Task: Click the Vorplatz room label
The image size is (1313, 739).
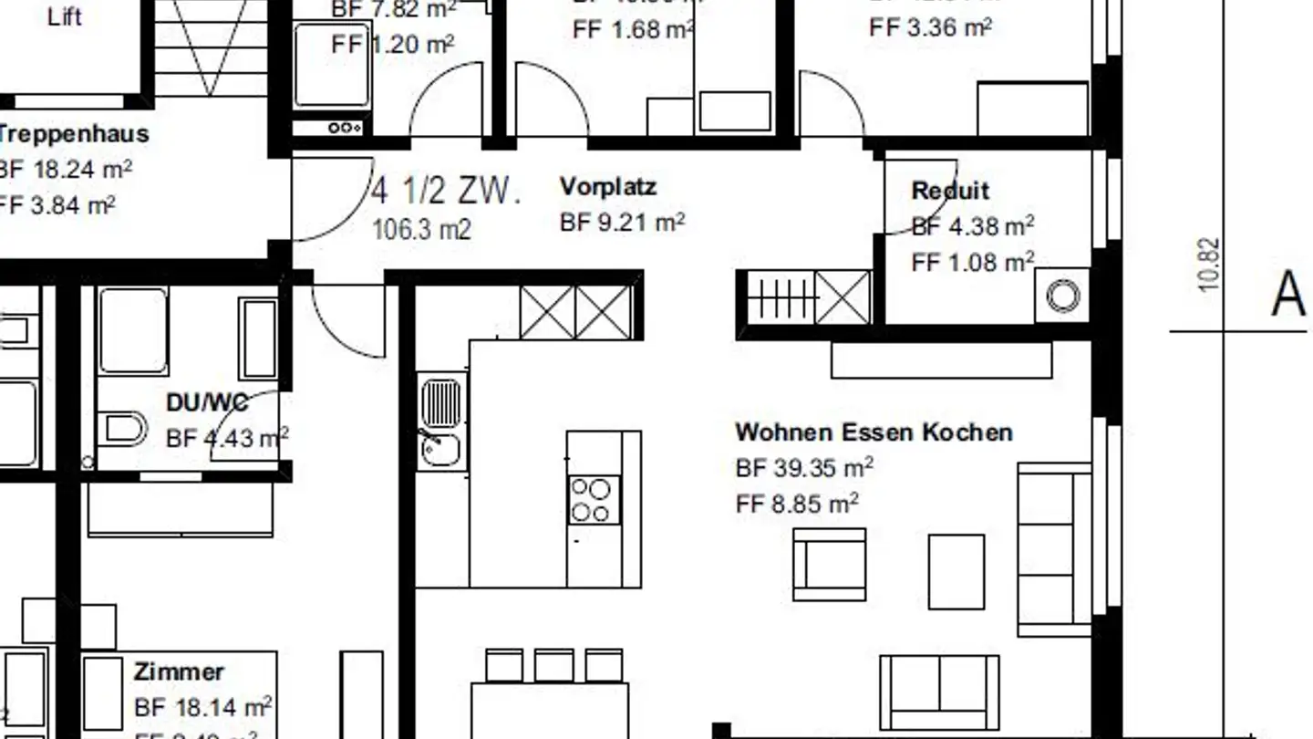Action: [x=607, y=187]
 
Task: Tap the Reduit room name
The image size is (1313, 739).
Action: [x=950, y=191]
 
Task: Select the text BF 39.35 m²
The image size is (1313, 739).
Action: [x=804, y=468]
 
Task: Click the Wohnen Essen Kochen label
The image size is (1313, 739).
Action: [x=874, y=432]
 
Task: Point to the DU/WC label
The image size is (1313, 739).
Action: [x=207, y=402]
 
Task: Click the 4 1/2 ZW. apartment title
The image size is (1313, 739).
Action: [x=446, y=193]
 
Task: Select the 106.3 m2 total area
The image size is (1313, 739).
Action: [x=421, y=229]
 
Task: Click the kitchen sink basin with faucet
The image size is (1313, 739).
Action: [x=440, y=449]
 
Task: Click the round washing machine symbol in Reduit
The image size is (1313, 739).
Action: [x=1062, y=296]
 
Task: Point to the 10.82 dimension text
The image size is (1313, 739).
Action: [x=1209, y=265]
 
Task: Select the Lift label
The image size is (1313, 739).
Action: [x=64, y=17]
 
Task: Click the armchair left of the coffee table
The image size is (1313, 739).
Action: [x=829, y=565]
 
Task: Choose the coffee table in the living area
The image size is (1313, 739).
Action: [x=956, y=571]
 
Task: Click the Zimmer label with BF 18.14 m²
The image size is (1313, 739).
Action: [x=179, y=672]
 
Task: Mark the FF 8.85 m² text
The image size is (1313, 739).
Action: [x=797, y=504]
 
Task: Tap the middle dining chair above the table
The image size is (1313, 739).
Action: [x=553, y=665]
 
